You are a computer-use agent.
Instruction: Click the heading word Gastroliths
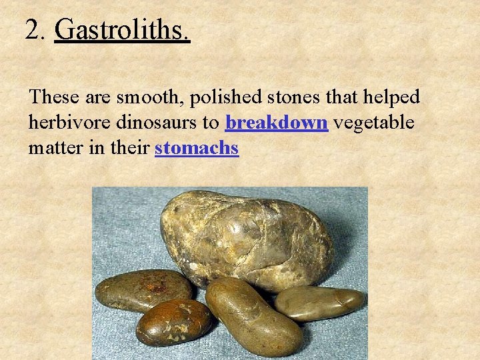click(122, 29)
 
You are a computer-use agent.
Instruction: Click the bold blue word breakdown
click(277, 123)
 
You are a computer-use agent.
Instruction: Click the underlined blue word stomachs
click(196, 148)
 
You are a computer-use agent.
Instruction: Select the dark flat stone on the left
click(143, 290)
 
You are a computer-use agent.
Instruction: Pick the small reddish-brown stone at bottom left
click(173, 322)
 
